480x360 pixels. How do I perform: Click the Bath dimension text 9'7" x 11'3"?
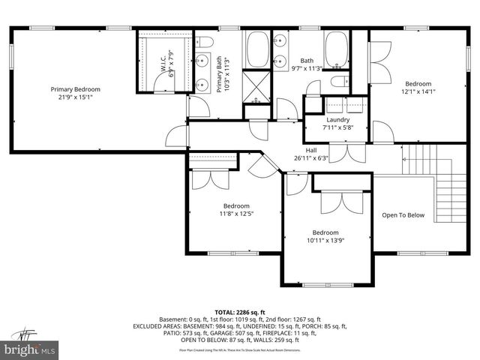pos(306,69)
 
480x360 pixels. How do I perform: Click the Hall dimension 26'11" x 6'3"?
pos(311,157)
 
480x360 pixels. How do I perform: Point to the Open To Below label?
pos(403,215)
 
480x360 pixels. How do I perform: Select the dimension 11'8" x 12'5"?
pos(236,214)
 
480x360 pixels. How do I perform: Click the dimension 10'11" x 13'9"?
pos(325,240)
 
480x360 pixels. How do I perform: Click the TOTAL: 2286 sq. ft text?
pos(240,311)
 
